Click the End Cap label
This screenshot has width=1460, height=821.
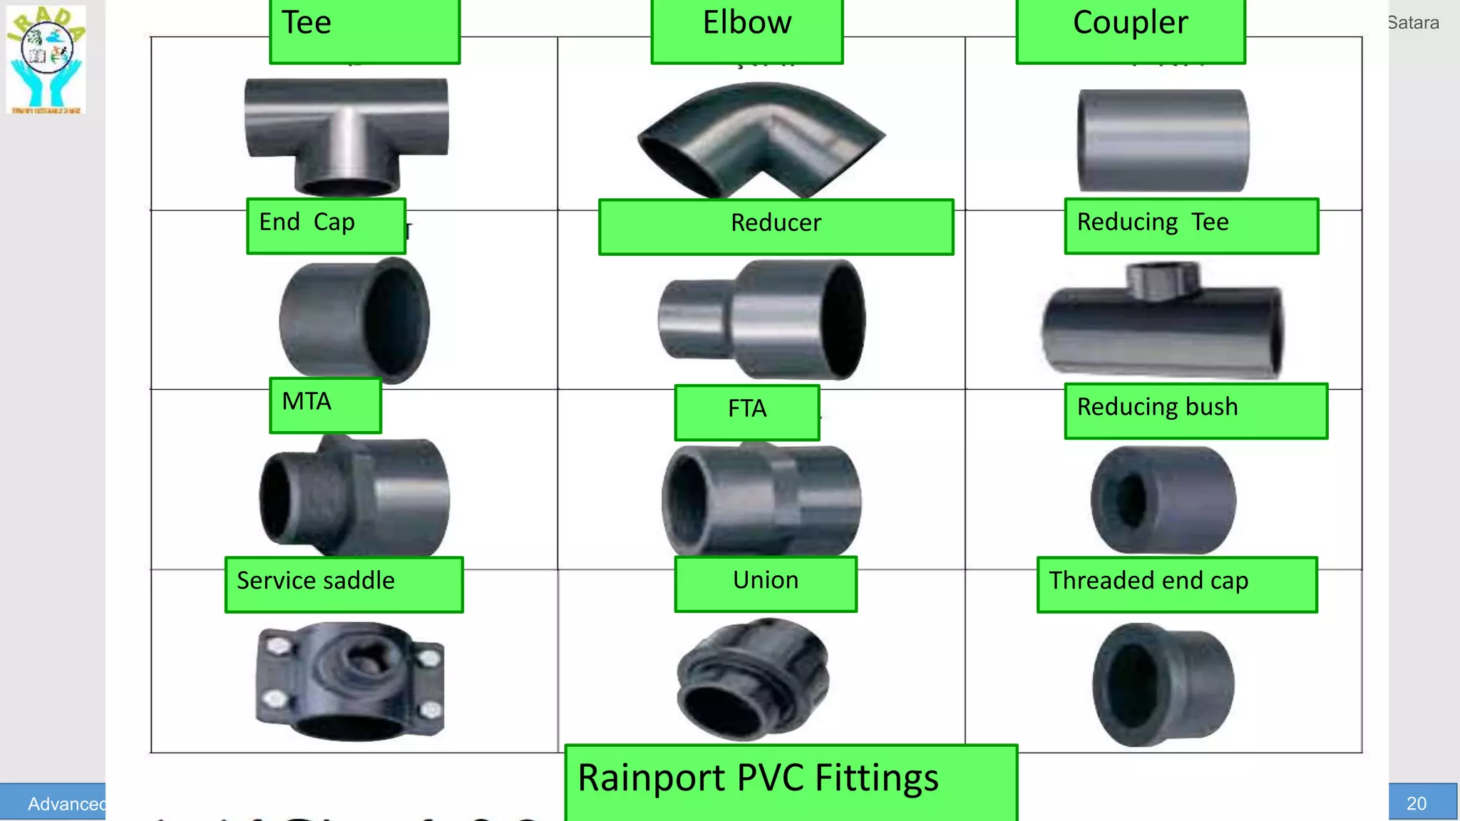coord(326,225)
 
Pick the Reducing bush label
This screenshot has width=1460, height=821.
coord(1196,410)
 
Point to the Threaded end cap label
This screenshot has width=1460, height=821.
coord(1176,584)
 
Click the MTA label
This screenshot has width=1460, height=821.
coord(325,404)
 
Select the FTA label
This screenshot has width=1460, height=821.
coord(746,411)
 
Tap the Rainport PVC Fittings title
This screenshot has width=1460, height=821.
coord(790,780)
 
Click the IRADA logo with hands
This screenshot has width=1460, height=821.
coord(46,59)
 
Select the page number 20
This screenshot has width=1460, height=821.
coord(1416,803)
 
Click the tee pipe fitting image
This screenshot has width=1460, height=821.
coord(346,135)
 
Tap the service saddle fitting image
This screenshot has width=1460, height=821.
coord(349,681)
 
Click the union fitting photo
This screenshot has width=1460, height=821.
coord(753,678)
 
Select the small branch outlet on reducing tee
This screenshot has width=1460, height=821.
coord(1162,279)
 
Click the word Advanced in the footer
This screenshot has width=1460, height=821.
coord(66,803)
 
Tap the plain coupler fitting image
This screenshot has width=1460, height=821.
coord(1163,140)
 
